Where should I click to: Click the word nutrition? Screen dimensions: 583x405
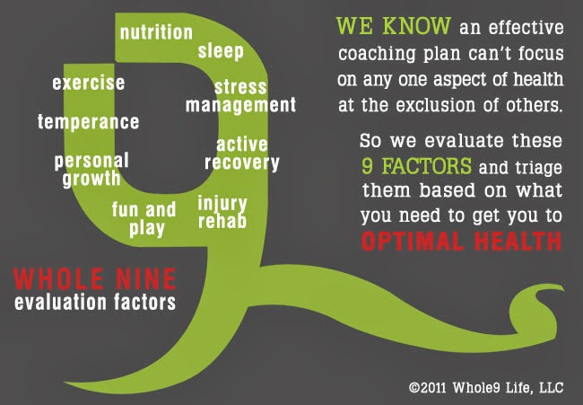point(156,32)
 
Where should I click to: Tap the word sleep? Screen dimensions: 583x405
point(221,51)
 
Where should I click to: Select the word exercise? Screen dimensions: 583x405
point(88,84)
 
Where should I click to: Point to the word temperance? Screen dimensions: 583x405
point(88,121)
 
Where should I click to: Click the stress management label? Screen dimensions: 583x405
point(240,96)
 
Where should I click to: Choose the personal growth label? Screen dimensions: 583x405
point(91,169)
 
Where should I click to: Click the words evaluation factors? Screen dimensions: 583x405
point(95,302)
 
